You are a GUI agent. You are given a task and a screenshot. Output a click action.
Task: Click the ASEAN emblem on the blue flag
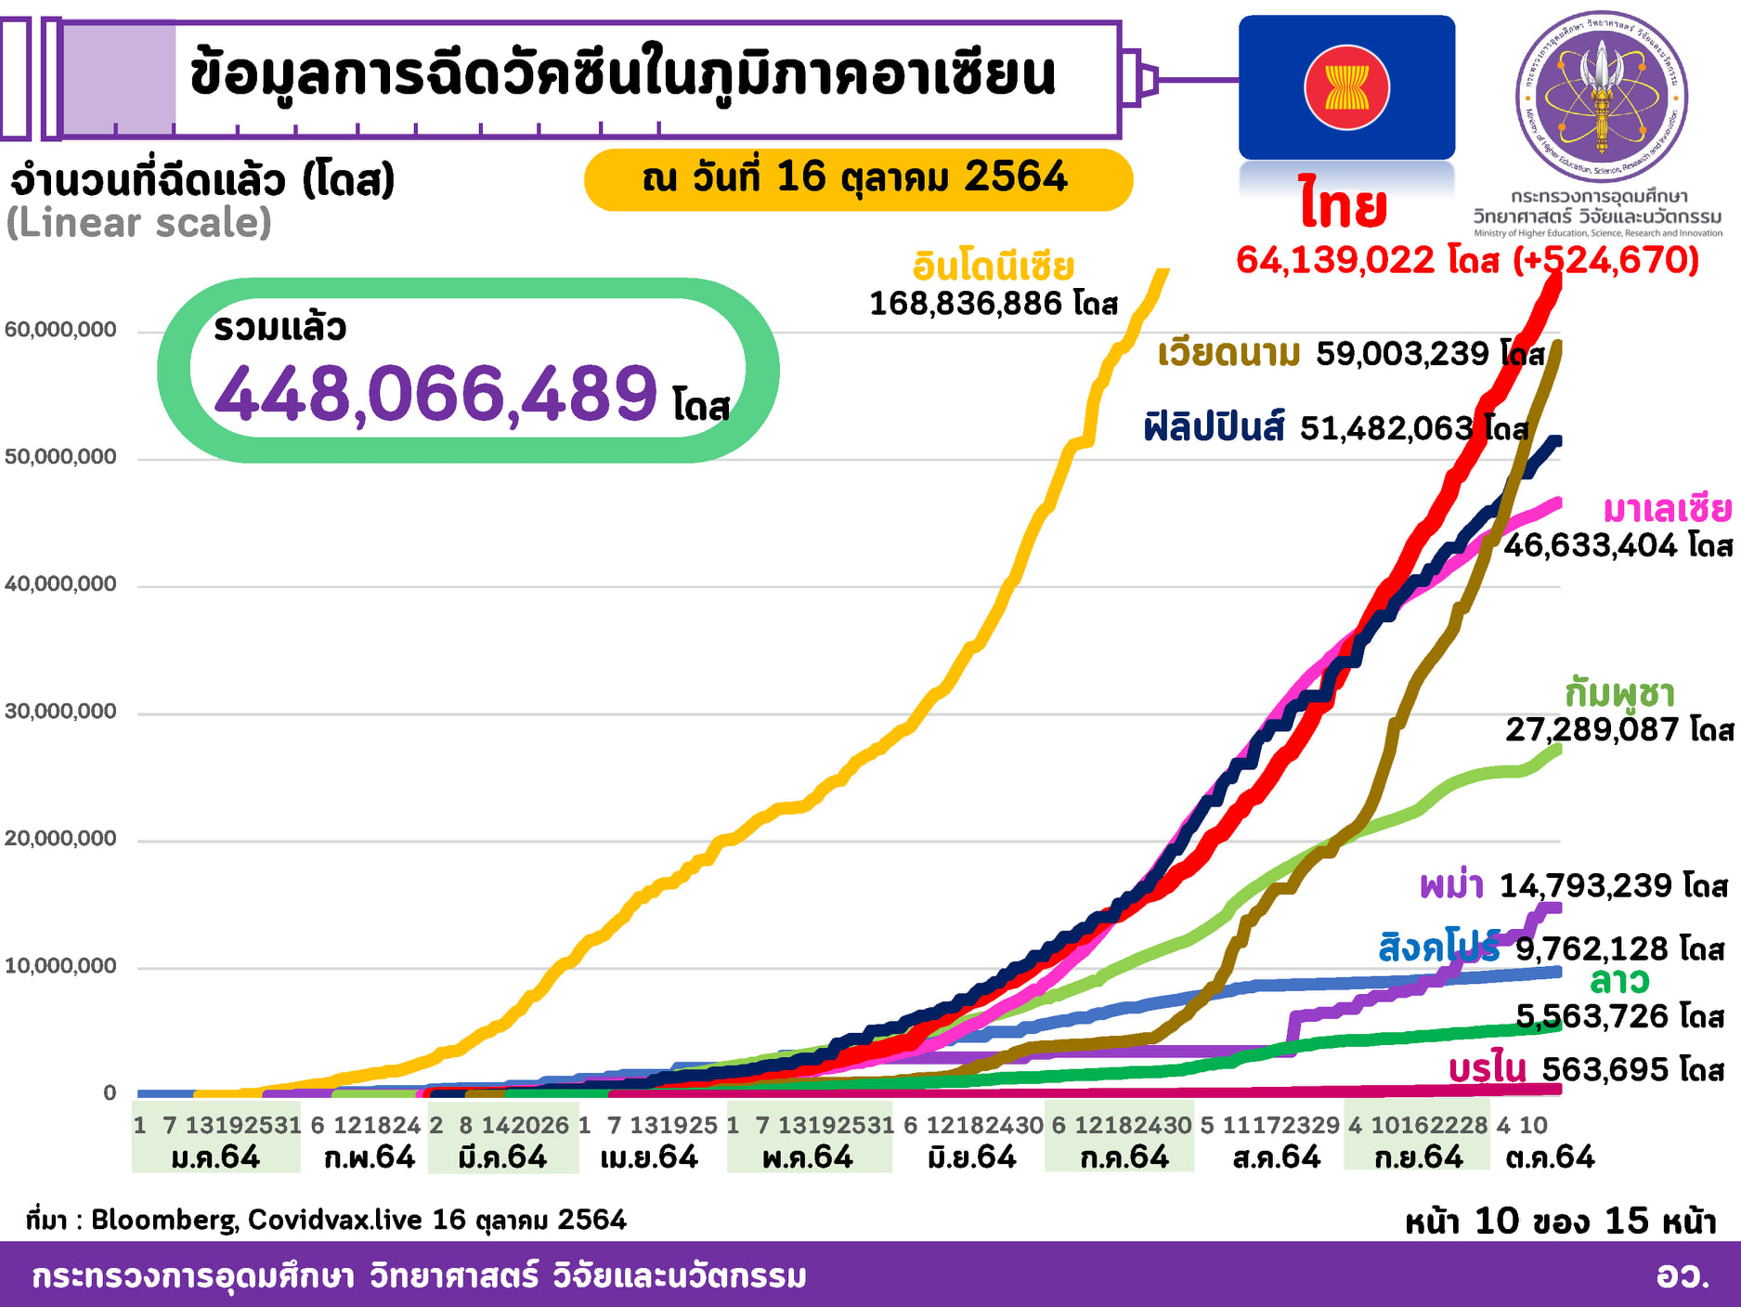(x=1346, y=88)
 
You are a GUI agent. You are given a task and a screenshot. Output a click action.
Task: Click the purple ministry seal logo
(x=1601, y=96)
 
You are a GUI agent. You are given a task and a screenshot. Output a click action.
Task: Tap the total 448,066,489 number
(x=435, y=394)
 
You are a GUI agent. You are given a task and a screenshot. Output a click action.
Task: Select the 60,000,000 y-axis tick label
(x=61, y=330)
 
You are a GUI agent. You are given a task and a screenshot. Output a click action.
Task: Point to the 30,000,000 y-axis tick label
(x=61, y=712)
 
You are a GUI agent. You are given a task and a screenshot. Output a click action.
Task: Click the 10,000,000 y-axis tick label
(x=61, y=966)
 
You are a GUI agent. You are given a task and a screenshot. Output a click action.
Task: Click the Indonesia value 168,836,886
(x=965, y=304)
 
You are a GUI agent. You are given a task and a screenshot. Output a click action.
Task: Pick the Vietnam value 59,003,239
(x=1402, y=354)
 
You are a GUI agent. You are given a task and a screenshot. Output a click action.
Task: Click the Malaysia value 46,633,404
(x=1590, y=545)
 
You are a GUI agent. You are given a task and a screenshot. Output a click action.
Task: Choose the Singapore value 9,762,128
(x=1592, y=949)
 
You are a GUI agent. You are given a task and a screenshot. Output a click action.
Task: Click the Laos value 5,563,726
(x=1592, y=1016)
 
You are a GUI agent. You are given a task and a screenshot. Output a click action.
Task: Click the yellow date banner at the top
(x=857, y=178)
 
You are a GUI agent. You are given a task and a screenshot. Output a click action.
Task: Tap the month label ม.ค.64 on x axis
(x=215, y=1157)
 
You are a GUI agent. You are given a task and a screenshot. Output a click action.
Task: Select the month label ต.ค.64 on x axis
(x=1550, y=1157)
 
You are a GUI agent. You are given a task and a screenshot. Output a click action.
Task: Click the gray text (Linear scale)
(x=139, y=223)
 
